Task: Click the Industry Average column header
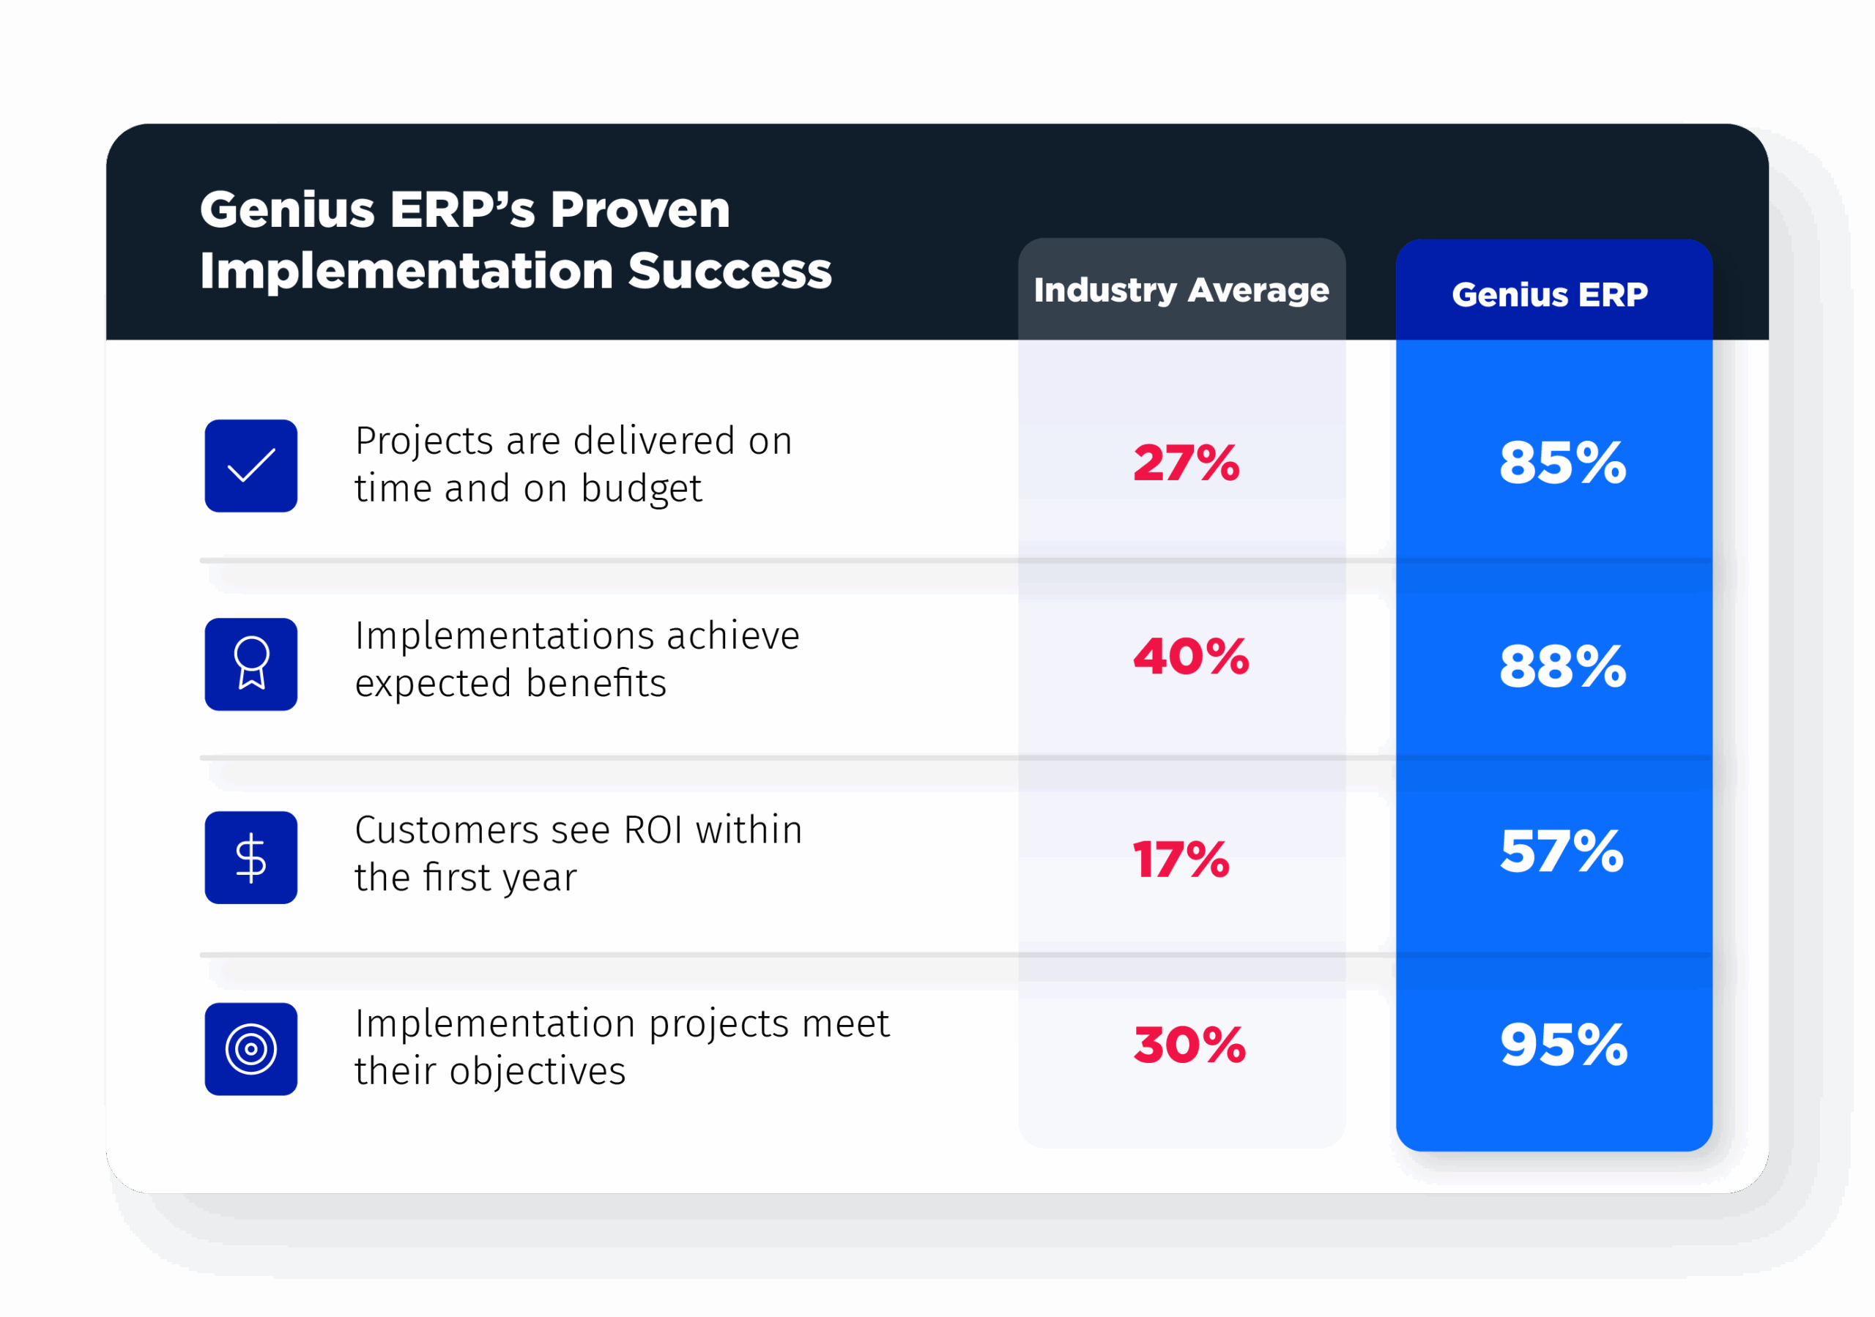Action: coord(1181,291)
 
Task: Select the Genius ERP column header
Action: coord(1549,295)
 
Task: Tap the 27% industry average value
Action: coord(1186,463)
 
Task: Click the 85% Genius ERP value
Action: coord(1562,463)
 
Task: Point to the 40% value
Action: coord(1191,657)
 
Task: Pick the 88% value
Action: coord(1562,666)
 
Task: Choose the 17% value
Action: coord(1181,859)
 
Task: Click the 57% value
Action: coord(1562,851)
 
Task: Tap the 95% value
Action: coord(1563,1045)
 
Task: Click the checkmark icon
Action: coord(250,466)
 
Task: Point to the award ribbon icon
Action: coord(250,664)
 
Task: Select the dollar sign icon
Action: coord(250,857)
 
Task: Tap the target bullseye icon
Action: coord(250,1049)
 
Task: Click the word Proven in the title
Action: coord(639,210)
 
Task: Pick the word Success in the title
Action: coord(729,271)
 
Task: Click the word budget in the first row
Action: coord(641,489)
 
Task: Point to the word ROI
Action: coord(653,830)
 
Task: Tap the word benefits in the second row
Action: coord(595,684)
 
